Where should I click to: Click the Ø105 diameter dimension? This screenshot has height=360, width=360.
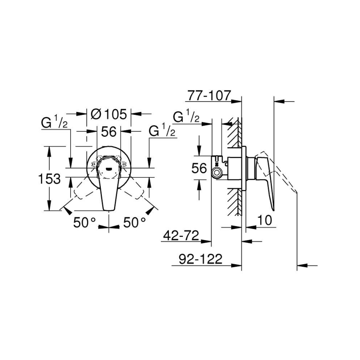pyautogui.click(x=108, y=114)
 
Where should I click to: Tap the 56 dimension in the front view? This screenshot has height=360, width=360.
pyautogui.click(x=109, y=131)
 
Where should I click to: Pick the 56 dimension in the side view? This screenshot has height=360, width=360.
pyautogui.click(x=199, y=168)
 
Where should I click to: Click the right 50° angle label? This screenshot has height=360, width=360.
pyautogui.click(x=134, y=223)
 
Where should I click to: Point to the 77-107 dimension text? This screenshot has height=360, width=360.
pyautogui.click(x=208, y=96)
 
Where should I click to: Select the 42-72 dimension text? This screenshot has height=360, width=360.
pyautogui.click(x=181, y=236)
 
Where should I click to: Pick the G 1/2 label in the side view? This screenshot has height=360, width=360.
pyautogui.click(x=187, y=117)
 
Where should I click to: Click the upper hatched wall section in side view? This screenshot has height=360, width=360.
pyautogui.click(x=235, y=133)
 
